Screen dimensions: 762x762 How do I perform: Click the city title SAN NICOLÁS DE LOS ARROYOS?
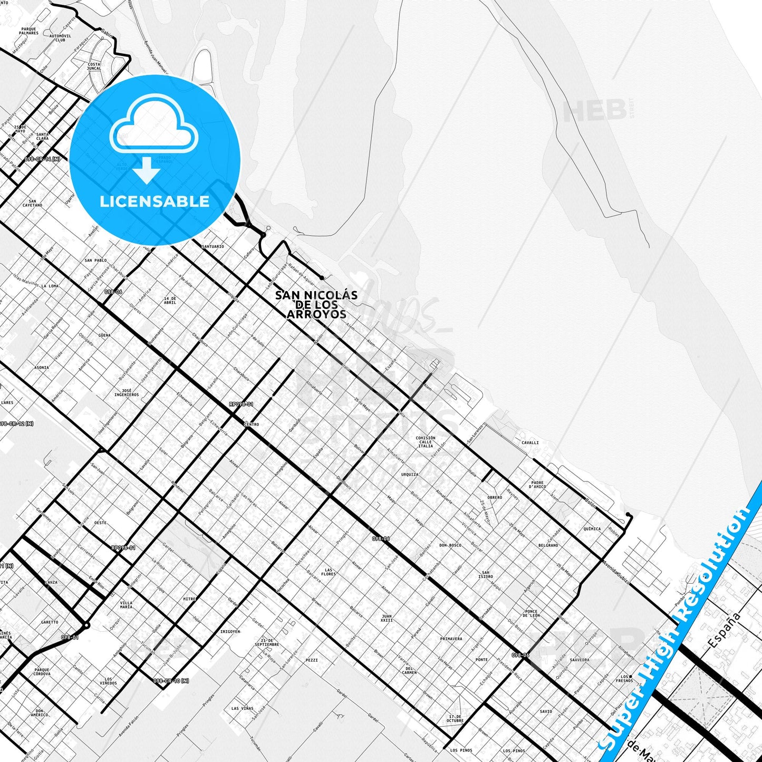coord(316,305)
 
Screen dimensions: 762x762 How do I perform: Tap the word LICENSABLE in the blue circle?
coord(155,201)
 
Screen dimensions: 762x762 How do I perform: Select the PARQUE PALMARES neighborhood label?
coord(28,31)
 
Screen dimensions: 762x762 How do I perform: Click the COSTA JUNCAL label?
coord(94,66)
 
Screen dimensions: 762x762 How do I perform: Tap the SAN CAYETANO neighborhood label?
coord(33,203)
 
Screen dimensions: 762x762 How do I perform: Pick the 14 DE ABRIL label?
coord(170,301)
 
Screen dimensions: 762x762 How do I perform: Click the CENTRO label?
coord(252,424)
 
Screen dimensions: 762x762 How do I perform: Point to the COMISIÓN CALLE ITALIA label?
coord(426,442)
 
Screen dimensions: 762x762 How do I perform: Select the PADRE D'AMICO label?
coord(538,485)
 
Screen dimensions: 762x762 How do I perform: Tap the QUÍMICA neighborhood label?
coord(592,528)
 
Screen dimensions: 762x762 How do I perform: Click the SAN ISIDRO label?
coord(486,574)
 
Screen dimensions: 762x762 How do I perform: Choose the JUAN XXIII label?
coord(387,618)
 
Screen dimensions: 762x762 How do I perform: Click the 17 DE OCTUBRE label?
coord(455,719)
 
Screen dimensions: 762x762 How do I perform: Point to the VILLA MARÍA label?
coord(126,605)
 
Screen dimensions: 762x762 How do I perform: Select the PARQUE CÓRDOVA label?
coord(42,672)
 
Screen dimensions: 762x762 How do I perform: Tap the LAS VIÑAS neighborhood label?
coord(242,709)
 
